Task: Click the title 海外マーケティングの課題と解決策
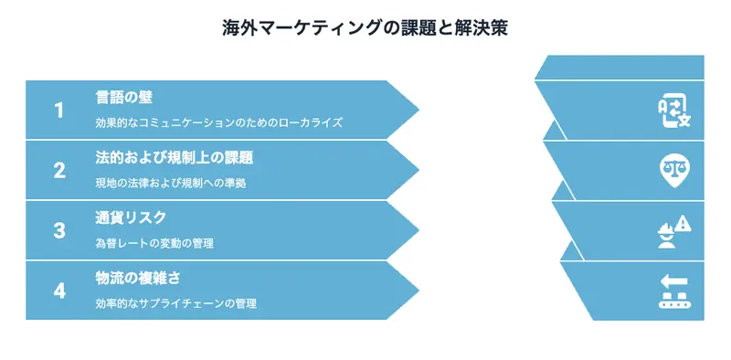(365, 27)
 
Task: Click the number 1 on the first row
(59, 110)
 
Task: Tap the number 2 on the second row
(59, 170)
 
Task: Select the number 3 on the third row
(59, 230)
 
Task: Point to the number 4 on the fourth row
(59, 291)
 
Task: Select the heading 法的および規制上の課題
(175, 157)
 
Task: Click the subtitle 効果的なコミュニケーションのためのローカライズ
(219, 122)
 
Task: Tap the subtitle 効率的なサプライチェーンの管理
(176, 303)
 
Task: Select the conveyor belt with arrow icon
(673, 291)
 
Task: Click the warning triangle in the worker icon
(683, 222)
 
